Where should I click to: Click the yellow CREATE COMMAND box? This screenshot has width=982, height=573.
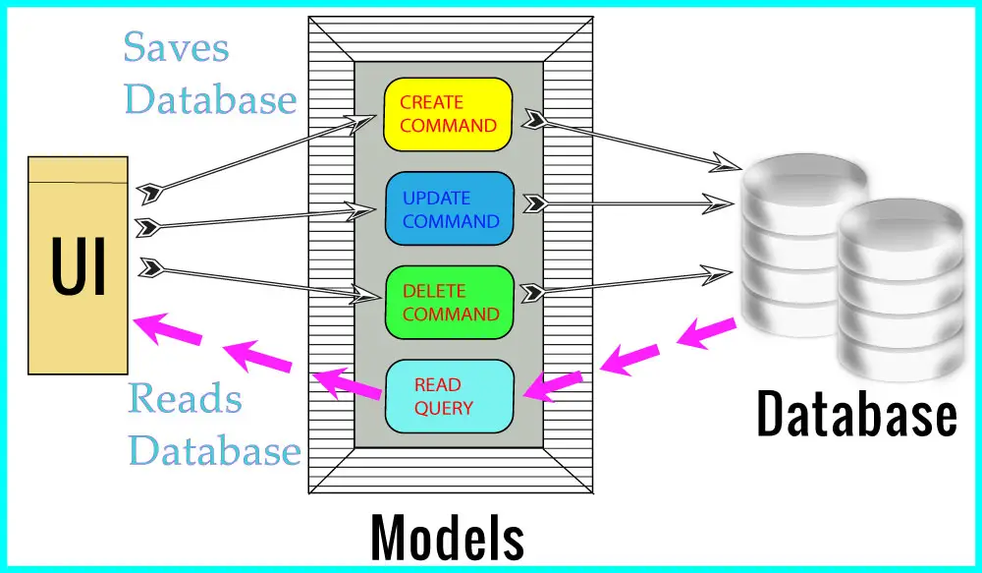pos(449,114)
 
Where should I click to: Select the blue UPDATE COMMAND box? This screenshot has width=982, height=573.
pos(450,208)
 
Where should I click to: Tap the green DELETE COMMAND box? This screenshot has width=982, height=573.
pos(450,302)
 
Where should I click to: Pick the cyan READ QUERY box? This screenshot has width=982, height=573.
pos(449,396)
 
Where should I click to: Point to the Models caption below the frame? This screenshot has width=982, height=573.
pos(447,539)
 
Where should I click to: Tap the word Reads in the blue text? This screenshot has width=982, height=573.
pos(185,399)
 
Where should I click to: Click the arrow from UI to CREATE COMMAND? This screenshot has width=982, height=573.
pos(255,152)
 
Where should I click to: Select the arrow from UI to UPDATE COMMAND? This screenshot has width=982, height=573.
pos(255,217)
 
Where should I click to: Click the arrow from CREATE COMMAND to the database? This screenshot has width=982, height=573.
pos(628,142)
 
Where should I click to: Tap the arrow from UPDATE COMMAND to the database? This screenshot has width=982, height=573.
pos(628,204)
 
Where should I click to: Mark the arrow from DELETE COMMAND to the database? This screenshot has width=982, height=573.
pos(628,280)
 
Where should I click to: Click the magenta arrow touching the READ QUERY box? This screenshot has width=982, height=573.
pos(552,384)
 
